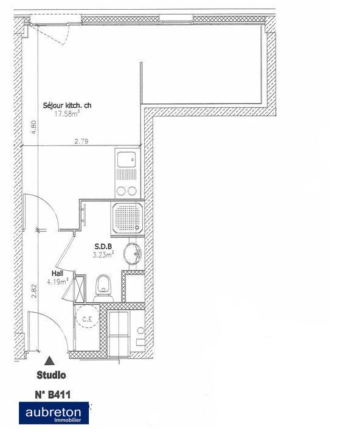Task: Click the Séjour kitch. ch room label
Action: (x=67, y=105)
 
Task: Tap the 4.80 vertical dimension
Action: (x=34, y=128)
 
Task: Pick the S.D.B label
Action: (x=102, y=247)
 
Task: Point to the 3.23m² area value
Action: (x=103, y=255)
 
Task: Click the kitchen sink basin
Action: (x=127, y=160)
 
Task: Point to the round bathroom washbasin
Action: (x=132, y=254)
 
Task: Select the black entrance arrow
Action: (x=49, y=360)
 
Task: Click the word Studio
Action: (x=51, y=375)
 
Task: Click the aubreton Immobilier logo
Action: (x=54, y=413)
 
